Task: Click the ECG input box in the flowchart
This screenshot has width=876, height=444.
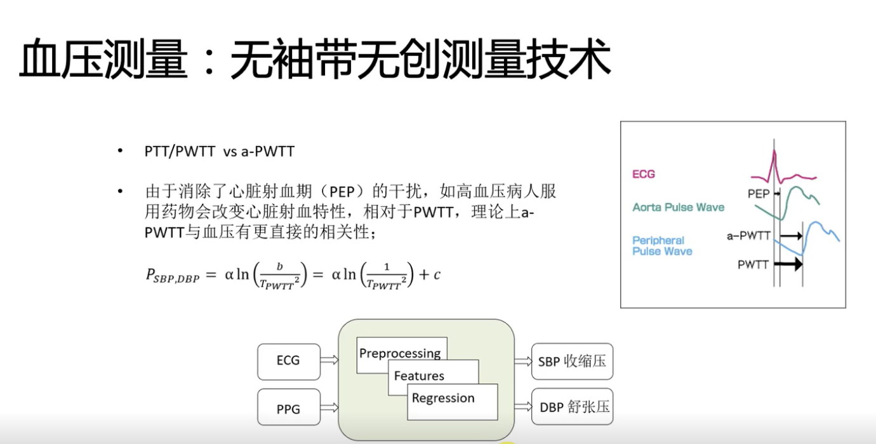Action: point(289,361)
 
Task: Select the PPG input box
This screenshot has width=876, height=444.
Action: point(289,407)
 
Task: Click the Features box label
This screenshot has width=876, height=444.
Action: point(419,376)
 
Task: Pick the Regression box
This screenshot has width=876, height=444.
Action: point(453,402)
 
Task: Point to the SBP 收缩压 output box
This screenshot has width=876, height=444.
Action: point(572,361)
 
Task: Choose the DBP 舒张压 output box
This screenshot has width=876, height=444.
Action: point(572,407)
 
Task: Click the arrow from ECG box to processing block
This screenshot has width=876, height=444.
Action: point(329,360)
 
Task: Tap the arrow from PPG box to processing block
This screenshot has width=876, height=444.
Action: point(329,408)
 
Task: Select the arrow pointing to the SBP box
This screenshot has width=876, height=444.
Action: point(523,361)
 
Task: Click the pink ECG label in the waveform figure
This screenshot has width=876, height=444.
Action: point(643,174)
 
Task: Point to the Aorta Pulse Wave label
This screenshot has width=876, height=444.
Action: point(678,207)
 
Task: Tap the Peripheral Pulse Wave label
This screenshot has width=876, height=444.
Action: point(662,246)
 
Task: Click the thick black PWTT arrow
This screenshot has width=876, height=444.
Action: point(788,264)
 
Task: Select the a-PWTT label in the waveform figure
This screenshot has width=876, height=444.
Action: point(748,236)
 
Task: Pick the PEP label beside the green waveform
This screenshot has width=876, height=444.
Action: point(759,194)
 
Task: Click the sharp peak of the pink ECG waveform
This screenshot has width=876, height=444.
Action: point(774,151)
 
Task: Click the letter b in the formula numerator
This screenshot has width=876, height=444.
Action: point(279,266)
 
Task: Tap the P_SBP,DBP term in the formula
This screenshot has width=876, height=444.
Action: point(173,276)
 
